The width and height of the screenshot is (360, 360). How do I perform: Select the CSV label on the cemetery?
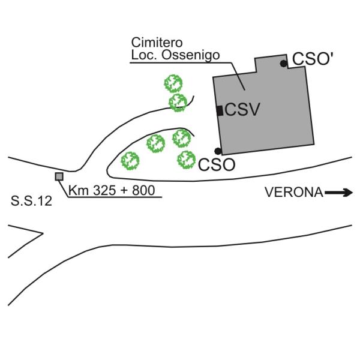coord(241,110)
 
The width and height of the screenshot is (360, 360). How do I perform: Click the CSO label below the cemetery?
coord(217,164)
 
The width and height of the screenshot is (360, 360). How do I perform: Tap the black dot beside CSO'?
coord(283,63)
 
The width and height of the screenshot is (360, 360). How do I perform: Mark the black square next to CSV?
coord(220,110)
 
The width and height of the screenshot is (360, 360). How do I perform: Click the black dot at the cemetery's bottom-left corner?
coord(218,151)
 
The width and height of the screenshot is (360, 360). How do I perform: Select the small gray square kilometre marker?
coord(59,176)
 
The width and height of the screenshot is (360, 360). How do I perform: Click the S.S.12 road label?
coord(31,202)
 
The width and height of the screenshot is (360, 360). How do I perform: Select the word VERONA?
coord(294,193)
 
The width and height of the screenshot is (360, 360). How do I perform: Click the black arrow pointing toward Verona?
coord(340,193)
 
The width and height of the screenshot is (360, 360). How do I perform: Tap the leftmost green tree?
coord(130,160)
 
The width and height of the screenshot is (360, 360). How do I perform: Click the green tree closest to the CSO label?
coord(186,159)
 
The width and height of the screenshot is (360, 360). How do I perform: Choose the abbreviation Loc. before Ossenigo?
coord(142,56)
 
